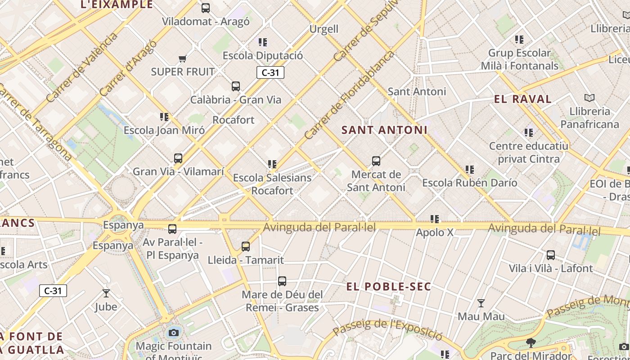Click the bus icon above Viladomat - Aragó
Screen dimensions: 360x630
pos(206,8)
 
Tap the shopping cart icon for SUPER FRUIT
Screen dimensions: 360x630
pos(183,58)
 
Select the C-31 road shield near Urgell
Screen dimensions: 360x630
pos(270,72)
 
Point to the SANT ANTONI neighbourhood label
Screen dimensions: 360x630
pos(384,130)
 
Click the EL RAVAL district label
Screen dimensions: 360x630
pos(522,99)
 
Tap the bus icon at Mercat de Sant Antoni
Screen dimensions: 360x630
pos(376,161)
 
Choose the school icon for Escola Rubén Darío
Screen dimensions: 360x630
pos(470,170)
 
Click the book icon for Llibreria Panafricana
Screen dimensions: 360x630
pos(589,98)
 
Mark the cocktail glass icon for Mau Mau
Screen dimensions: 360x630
pos(481,303)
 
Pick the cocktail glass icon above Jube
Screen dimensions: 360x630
pos(106,293)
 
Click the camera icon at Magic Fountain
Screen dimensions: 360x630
pos(173,333)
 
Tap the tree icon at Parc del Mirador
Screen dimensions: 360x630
pos(531,343)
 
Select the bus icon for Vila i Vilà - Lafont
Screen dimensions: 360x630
pos(550,255)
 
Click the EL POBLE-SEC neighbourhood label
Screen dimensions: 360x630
pos(389,287)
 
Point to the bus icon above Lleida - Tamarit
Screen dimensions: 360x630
pos(246,247)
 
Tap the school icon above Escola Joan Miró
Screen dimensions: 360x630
pos(164,117)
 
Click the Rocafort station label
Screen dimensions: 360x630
pos(234,120)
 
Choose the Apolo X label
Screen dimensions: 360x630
pos(435,233)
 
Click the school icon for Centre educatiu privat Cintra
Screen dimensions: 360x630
pos(529,133)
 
